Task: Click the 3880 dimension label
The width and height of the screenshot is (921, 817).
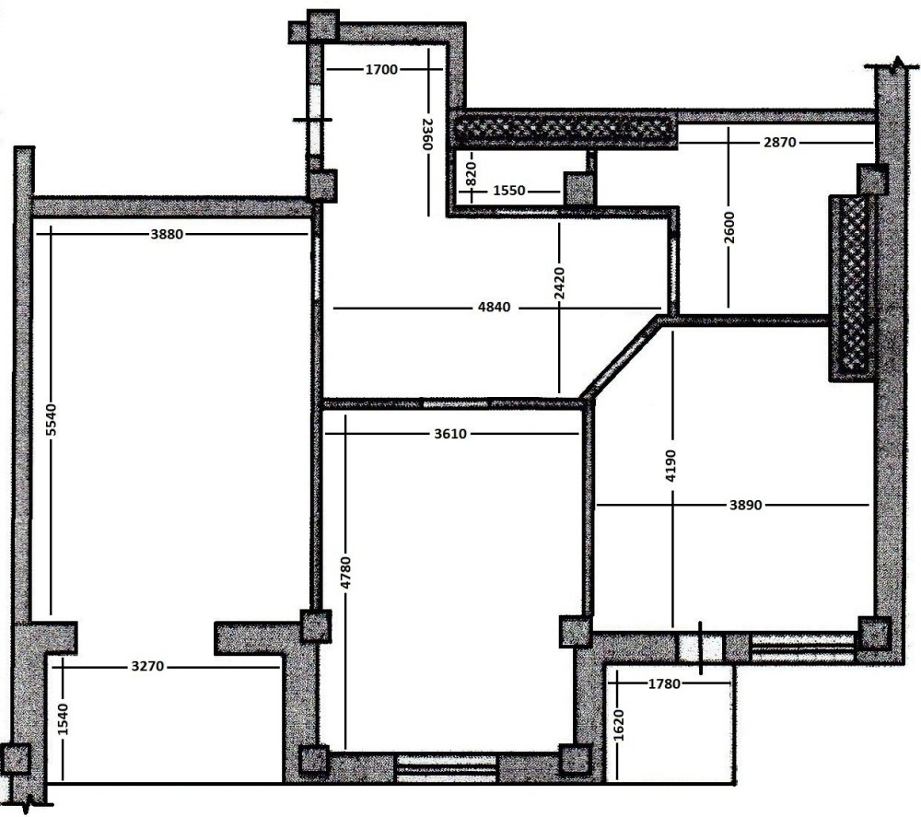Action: pos(167,234)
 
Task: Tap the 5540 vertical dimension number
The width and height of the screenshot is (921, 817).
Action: pos(51,420)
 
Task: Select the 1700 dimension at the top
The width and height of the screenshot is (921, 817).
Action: pos(382,70)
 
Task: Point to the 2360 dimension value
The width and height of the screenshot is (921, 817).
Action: pos(427,134)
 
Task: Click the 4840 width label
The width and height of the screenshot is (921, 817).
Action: pos(495,308)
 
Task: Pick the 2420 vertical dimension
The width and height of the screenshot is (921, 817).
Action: pos(559,284)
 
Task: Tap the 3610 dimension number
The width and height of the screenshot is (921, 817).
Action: pos(450,434)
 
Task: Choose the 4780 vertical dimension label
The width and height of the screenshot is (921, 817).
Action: pos(345,573)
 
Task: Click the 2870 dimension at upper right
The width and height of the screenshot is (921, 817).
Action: pos(780,142)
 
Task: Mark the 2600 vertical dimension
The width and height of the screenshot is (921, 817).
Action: pos(729,228)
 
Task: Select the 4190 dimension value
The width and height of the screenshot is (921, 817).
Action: pos(671,466)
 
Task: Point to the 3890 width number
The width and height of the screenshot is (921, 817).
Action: pos(746,505)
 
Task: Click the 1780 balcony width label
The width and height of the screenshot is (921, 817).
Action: pos(664,683)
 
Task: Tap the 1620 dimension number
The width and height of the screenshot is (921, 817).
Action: pos(619,726)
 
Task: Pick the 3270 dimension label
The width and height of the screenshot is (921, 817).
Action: pos(148,667)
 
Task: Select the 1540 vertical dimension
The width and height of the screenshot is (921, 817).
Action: pos(63,719)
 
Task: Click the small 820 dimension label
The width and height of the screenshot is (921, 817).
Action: pos(471,174)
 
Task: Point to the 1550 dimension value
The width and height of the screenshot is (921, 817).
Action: pos(509,191)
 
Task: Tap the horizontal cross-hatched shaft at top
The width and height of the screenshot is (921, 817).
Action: pos(565,129)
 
